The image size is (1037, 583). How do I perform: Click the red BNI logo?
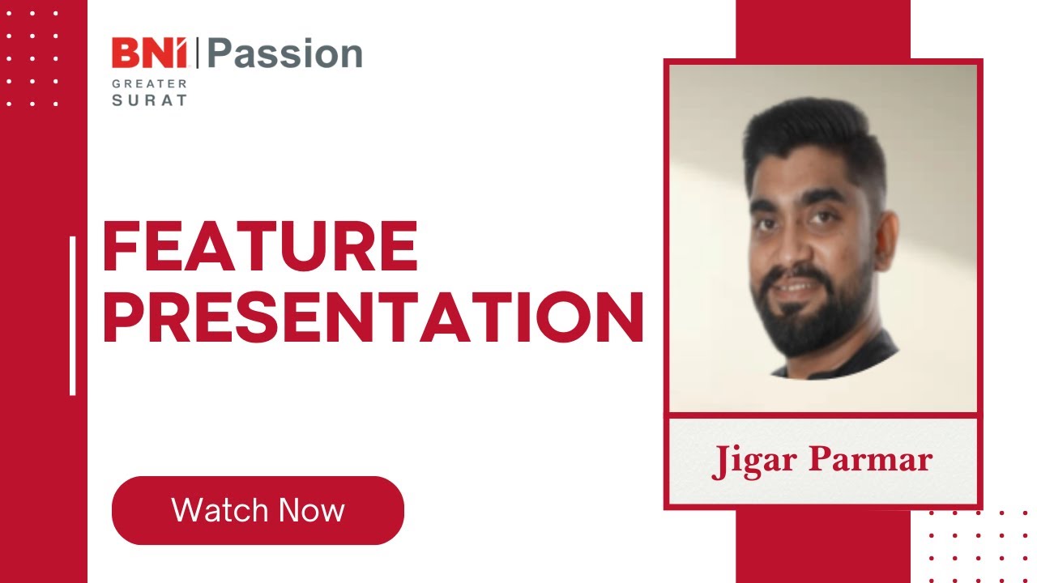point(150,54)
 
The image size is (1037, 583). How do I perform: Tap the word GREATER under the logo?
point(150,83)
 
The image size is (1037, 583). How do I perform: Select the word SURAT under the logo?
point(150,101)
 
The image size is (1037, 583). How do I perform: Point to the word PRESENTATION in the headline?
point(373,318)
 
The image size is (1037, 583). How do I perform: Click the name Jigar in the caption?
point(753,461)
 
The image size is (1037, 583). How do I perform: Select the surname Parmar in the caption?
point(871,461)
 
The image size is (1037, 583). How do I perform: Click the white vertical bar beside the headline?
point(73,316)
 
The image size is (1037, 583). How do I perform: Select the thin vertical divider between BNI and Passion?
point(198,54)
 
